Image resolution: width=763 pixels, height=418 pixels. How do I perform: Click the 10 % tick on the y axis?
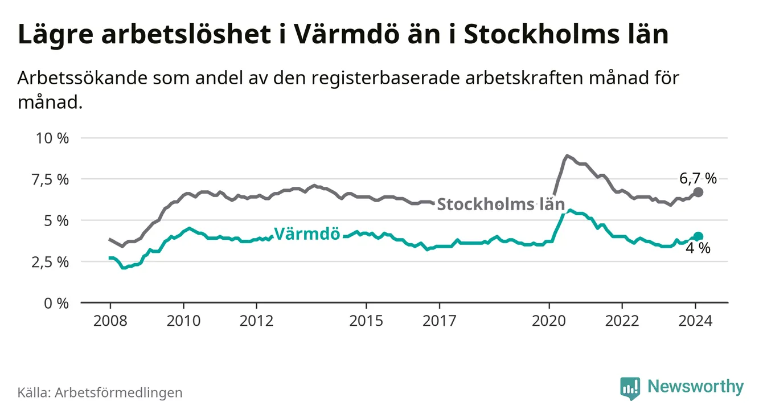(x=52, y=138)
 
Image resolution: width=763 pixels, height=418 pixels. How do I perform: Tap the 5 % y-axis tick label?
(x=56, y=220)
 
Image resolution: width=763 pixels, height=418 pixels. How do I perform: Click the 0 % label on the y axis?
(x=56, y=303)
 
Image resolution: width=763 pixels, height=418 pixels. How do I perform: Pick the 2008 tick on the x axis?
(x=110, y=321)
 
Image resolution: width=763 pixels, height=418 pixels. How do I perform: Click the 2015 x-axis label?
(x=366, y=321)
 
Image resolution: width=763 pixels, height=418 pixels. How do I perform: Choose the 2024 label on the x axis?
(x=695, y=321)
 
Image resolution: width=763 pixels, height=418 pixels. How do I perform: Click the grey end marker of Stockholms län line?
(x=698, y=192)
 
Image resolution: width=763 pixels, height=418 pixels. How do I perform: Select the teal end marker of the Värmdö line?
(x=698, y=236)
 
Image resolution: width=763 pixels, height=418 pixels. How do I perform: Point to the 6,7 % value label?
(x=698, y=179)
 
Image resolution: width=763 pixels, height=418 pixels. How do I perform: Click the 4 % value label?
(x=698, y=248)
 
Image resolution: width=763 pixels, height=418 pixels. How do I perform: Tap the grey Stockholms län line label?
(x=501, y=204)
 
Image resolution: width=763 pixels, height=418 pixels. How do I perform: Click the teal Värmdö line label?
(x=307, y=233)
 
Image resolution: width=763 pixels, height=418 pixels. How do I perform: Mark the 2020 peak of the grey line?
(x=567, y=155)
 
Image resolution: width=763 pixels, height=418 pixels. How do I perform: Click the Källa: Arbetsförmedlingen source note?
(x=100, y=392)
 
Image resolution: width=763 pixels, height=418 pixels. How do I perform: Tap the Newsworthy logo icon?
(x=630, y=388)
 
